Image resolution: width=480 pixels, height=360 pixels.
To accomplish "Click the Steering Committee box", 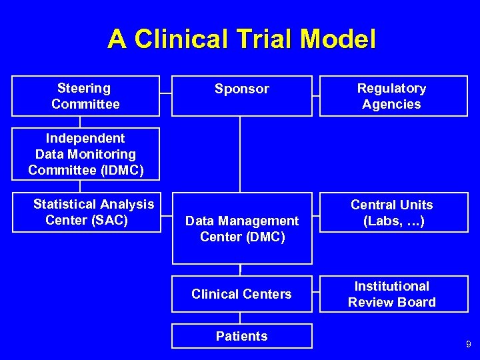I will [x=85, y=96].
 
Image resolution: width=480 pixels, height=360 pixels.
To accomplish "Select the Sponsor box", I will [x=241, y=96].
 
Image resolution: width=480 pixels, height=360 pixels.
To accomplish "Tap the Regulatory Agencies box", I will [x=393, y=96].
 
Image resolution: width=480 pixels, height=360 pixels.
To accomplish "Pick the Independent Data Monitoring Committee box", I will [x=85, y=154].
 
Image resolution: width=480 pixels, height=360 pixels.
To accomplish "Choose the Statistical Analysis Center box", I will [x=93, y=212].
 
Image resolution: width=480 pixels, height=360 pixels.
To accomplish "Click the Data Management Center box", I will [x=241, y=229].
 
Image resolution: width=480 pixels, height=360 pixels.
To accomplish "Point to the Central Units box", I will [x=393, y=213].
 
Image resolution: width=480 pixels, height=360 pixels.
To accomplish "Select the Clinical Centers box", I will [x=241, y=294].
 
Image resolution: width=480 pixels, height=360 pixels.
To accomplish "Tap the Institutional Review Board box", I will [x=393, y=294].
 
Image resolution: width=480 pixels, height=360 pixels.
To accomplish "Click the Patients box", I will [x=241, y=336].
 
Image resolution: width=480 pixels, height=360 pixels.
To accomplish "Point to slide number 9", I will [x=468, y=345].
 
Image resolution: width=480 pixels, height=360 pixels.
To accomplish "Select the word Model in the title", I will [x=338, y=39].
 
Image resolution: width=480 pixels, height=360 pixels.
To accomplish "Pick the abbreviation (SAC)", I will [x=107, y=220].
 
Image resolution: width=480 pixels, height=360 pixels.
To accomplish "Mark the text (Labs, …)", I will [x=394, y=221].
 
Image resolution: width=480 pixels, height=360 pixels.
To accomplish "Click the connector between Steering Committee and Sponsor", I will [x=165, y=95].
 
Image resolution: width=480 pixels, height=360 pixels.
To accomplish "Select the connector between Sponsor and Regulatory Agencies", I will [x=316, y=95].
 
